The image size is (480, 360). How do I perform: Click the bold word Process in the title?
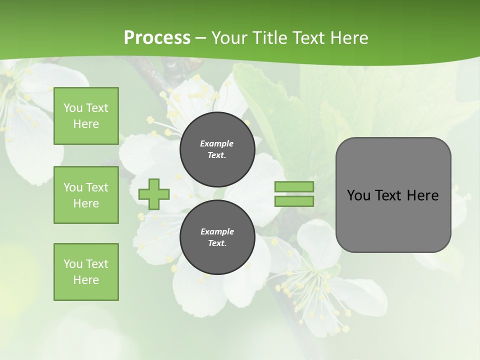[157, 38]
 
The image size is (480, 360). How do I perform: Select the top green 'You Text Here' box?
[86, 116]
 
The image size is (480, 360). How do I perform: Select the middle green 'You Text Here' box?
[86, 195]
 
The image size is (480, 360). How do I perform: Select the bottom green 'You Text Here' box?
[86, 272]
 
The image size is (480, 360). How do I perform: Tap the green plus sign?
[154, 194]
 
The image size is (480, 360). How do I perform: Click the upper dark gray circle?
[217, 149]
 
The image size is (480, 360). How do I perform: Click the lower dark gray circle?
[217, 237]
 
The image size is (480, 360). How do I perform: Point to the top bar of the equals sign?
[294, 187]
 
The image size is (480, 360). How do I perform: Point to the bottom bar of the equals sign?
[294, 201]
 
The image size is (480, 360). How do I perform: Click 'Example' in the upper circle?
[217, 143]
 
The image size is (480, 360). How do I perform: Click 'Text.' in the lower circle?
[217, 243]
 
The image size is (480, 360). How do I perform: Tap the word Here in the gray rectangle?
[422, 195]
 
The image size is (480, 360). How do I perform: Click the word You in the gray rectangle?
[358, 195]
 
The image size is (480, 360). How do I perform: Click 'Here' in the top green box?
[86, 124]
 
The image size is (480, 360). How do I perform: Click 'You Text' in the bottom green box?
[86, 264]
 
